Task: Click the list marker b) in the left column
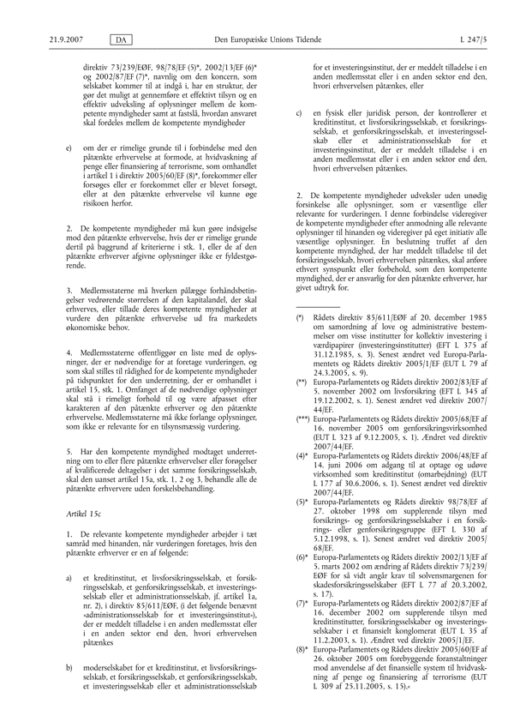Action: pyautogui.click(x=57, y=665)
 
